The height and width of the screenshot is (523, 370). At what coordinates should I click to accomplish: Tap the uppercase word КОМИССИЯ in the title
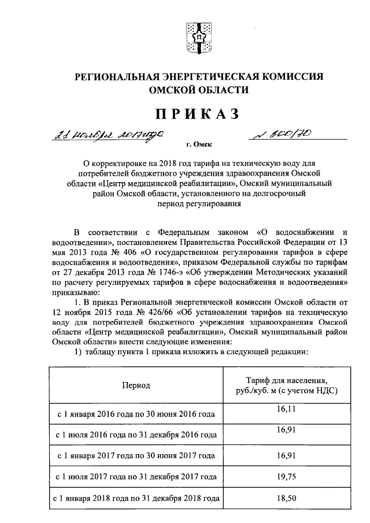point(295,76)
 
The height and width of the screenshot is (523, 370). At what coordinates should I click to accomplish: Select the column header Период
point(136,385)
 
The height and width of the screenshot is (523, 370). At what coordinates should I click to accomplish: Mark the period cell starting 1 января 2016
point(135,414)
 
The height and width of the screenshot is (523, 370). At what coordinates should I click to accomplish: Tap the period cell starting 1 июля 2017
point(135,477)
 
